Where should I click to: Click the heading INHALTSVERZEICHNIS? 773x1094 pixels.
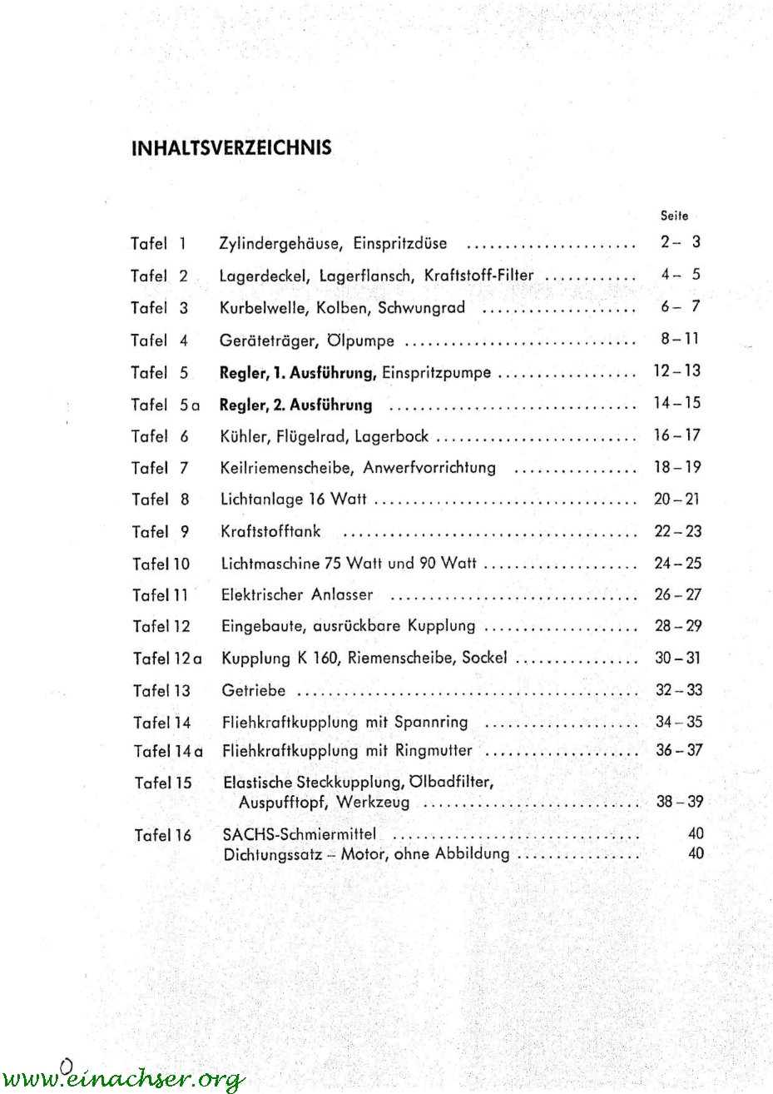click(x=231, y=148)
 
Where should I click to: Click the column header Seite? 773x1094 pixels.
click(x=674, y=216)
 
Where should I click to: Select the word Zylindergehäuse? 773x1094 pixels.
click(x=281, y=244)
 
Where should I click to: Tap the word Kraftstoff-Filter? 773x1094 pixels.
click(x=478, y=276)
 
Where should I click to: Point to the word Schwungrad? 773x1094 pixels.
click(x=421, y=307)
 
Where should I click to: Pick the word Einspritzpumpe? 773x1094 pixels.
click(x=436, y=373)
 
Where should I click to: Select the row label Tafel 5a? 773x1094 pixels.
click(x=166, y=405)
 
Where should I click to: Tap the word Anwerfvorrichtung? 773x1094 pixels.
click(x=429, y=468)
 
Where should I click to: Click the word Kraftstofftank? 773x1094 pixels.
click(x=270, y=531)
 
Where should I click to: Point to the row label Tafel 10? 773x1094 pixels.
click(x=161, y=564)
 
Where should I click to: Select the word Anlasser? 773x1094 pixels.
click(x=342, y=594)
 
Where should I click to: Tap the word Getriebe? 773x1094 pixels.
click(x=254, y=690)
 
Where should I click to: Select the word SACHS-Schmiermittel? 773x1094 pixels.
click(x=300, y=834)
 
